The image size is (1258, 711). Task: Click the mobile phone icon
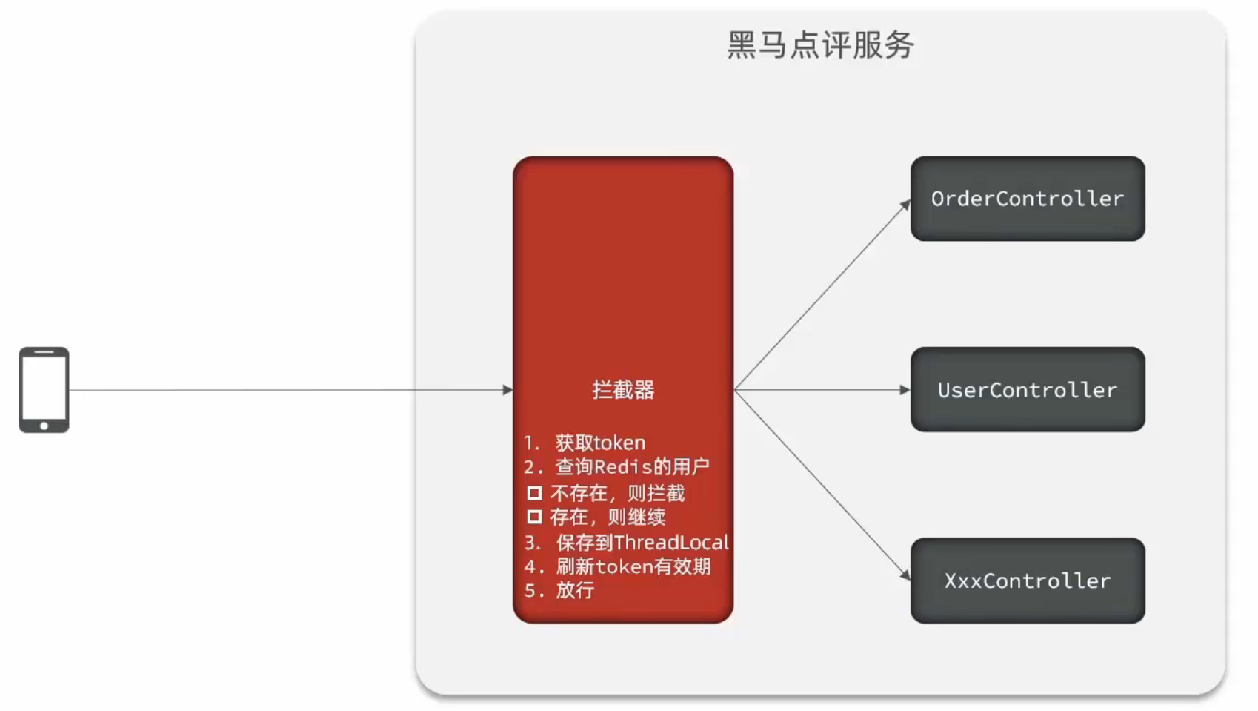pyautogui.click(x=44, y=389)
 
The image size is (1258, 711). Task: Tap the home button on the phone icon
pyautogui.click(x=44, y=426)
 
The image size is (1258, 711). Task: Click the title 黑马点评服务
pyautogui.click(x=820, y=45)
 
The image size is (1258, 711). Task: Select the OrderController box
pyautogui.click(x=1027, y=199)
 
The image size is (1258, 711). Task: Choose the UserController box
pyautogui.click(x=1027, y=390)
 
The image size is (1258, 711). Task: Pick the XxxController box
pyautogui.click(x=1027, y=581)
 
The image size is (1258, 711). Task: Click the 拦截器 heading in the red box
pyautogui.click(x=623, y=390)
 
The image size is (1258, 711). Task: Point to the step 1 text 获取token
pyautogui.click(x=600, y=443)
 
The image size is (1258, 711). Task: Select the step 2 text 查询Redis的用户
pyautogui.click(x=632, y=467)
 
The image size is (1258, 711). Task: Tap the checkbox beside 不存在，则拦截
pyautogui.click(x=534, y=493)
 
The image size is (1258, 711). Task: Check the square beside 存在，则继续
pyautogui.click(x=534, y=517)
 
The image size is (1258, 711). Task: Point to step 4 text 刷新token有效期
pyautogui.click(x=633, y=567)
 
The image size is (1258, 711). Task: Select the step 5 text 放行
pyautogui.click(x=575, y=591)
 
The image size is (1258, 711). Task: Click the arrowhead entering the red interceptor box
pyautogui.click(x=507, y=390)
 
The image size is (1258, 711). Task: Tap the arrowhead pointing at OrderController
pyautogui.click(x=905, y=205)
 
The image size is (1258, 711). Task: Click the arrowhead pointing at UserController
pyautogui.click(x=905, y=390)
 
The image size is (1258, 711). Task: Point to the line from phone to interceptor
pyautogui.click(x=289, y=390)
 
